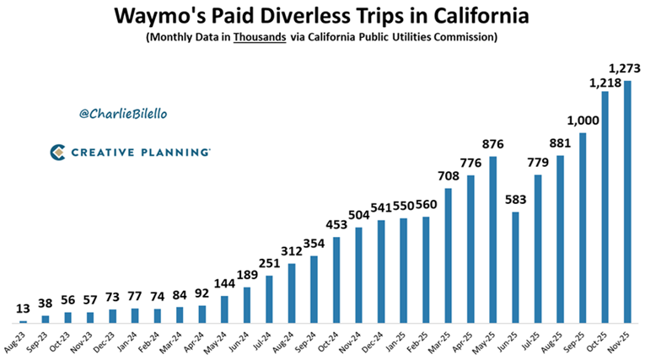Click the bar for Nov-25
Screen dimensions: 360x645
click(627, 202)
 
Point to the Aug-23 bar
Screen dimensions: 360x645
click(23, 321)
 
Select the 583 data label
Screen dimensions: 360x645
click(515, 201)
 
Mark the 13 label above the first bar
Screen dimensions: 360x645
click(23, 309)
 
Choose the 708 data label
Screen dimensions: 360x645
click(449, 176)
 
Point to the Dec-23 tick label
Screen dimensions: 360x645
click(108, 341)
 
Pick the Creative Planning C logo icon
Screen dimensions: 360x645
click(56, 152)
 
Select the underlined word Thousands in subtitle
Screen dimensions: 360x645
click(260, 37)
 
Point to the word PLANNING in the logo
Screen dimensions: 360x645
click(174, 152)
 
